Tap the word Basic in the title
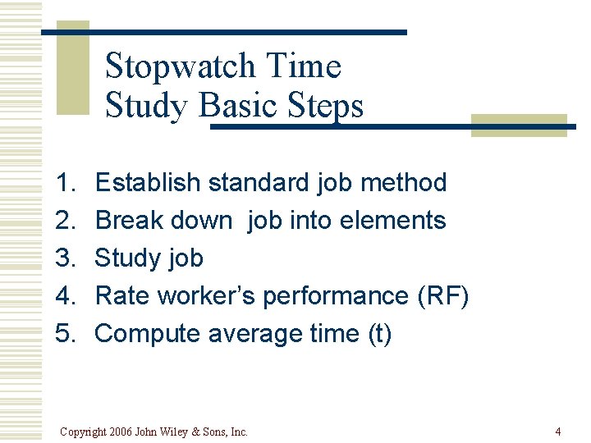click(238, 106)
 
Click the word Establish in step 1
click(149, 182)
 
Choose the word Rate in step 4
click(122, 295)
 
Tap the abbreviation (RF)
click(443, 295)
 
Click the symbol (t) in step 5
click(378, 333)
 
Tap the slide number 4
click(557, 432)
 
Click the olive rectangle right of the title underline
click(519, 126)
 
